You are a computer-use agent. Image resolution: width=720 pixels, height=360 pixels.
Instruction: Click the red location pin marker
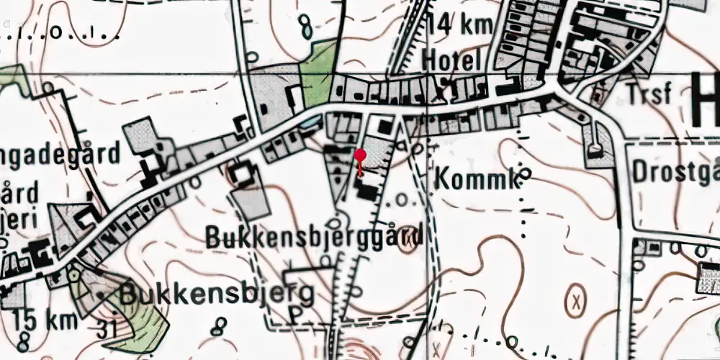pyautogui.click(x=360, y=156)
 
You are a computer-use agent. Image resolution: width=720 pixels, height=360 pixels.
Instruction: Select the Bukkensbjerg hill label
pyautogui.click(x=217, y=294)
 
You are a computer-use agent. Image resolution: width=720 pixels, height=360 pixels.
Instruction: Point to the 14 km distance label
pyautogui.click(x=459, y=24)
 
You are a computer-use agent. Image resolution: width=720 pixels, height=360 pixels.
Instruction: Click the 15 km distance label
pyautogui.click(x=36, y=318)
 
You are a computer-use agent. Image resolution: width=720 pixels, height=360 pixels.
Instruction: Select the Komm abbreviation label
pyautogui.click(x=475, y=180)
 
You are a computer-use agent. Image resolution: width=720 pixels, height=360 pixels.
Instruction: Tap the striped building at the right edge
pyautogui.click(x=708, y=277)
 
